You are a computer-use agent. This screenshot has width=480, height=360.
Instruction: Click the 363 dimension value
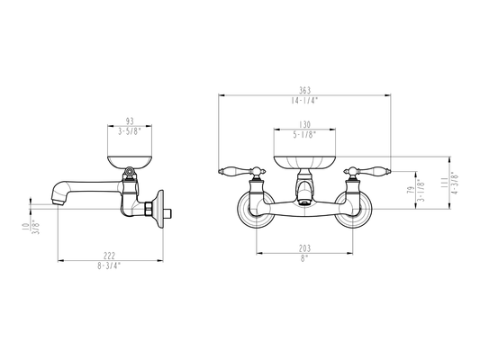(x=304, y=90)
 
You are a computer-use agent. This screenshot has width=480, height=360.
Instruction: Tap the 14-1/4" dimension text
(x=304, y=101)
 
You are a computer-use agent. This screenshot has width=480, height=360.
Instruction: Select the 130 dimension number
(x=304, y=124)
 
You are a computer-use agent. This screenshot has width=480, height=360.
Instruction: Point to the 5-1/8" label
(x=304, y=135)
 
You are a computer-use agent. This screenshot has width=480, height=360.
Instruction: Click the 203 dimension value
(x=304, y=248)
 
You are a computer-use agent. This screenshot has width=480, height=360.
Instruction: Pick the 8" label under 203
(x=304, y=258)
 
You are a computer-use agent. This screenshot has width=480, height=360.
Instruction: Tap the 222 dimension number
(x=109, y=256)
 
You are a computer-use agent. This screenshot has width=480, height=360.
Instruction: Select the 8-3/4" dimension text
(x=109, y=265)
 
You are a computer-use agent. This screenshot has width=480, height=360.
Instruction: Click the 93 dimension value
(x=130, y=121)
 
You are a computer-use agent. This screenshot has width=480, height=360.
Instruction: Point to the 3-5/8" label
(x=130, y=131)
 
